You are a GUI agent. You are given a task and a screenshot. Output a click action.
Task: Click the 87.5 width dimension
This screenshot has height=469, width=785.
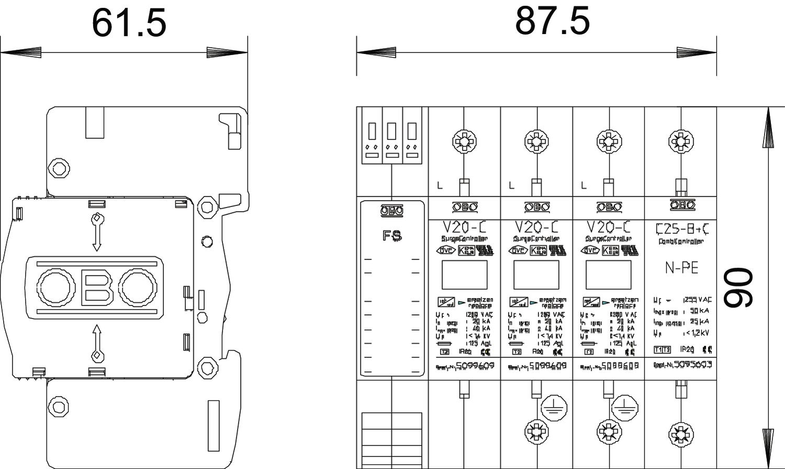(552, 21)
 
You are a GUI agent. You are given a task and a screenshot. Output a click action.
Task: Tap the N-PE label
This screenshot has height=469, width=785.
(681, 268)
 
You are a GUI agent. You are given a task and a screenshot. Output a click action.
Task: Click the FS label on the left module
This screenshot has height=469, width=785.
(392, 236)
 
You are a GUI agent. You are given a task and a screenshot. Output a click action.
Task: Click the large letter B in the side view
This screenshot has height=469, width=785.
(97, 288)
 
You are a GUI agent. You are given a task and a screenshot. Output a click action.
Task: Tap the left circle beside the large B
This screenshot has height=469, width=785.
(55, 288)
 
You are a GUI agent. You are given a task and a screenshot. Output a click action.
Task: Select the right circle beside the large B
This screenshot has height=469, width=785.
(137, 288)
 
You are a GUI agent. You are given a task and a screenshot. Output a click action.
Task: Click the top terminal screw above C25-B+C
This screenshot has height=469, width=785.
(681, 141)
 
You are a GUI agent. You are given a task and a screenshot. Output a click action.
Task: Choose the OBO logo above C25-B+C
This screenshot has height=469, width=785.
(681, 205)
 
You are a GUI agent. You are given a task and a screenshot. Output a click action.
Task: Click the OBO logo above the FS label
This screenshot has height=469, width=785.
(392, 210)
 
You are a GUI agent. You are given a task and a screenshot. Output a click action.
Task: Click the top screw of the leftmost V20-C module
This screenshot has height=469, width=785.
(464, 141)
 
